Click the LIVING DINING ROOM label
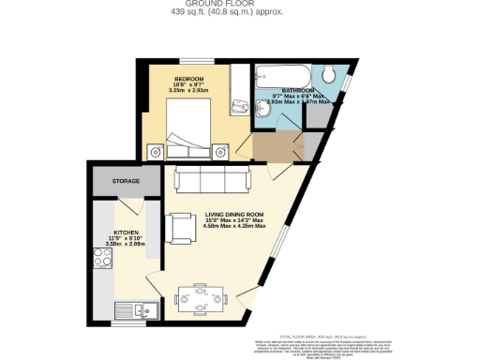(235, 213)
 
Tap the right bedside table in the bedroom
(220, 150)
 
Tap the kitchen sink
(127, 310)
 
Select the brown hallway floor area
(277, 146)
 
